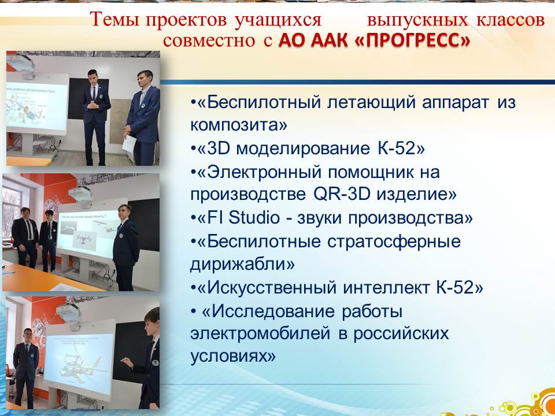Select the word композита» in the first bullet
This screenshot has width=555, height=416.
click(239, 125)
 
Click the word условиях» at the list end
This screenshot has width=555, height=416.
click(233, 357)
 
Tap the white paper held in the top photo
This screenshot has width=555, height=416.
click(129, 144)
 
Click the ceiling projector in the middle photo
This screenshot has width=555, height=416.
click(80, 194)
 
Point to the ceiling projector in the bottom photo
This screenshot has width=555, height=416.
click(69, 313)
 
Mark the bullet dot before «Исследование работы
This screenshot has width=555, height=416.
click(193, 311)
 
